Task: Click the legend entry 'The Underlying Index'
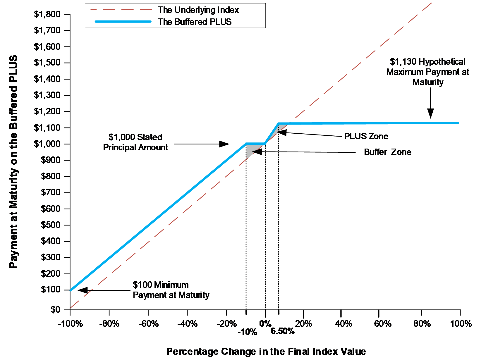click(x=198, y=10)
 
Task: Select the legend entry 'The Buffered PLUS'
click(x=195, y=22)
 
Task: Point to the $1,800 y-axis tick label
click(x=47, y=14)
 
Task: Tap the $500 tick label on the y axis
click(x=50, y=225)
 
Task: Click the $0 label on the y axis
click(x=55, y=309)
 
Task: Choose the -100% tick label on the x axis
click(x=70, y=324)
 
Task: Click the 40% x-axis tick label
click(x=343, y=324)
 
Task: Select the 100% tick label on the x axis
click(x=461, y=324)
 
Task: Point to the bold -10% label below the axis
click(x=248, y=332)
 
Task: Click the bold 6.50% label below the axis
click(x=283, y=331)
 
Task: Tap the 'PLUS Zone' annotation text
click(x=366, y=136)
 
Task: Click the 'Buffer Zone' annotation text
click(x=387, y=152)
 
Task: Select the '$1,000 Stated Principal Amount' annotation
click(x=135, y=142)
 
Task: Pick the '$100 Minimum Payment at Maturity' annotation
click(x=171, y=290)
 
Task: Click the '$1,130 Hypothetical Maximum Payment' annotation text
click(x=427, y=72)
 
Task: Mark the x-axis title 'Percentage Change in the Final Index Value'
click(x=266, y=351)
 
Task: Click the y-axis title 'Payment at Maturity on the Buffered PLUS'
click(x=13, y=162)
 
